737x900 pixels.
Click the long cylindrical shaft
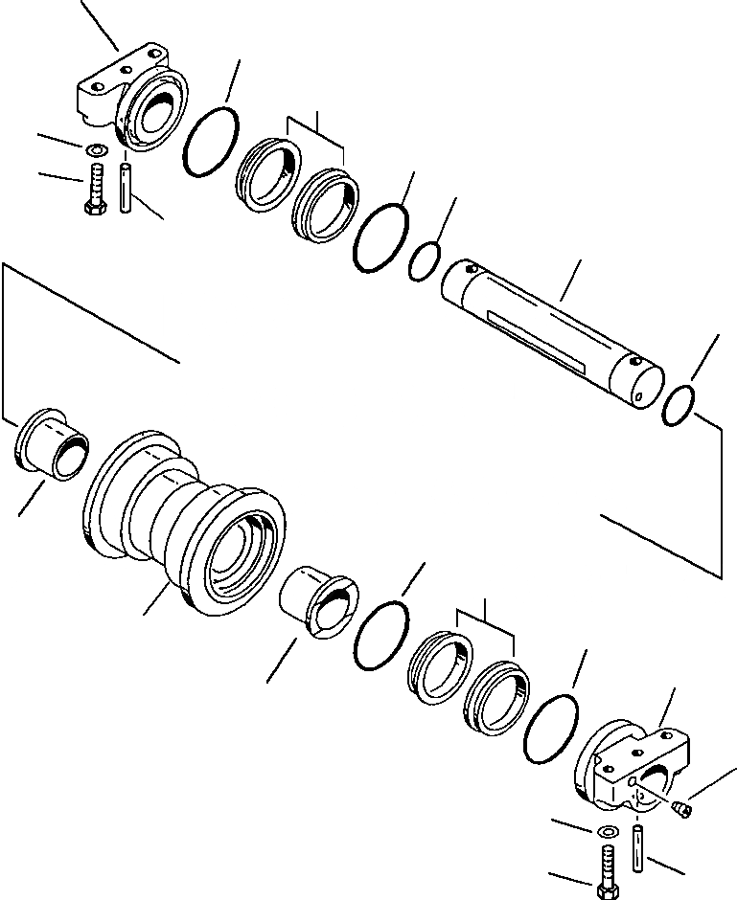pyautogui.click(x=551, y=330)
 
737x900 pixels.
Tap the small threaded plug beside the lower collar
pyautogui.click(x=682, y=808)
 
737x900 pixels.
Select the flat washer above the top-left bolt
pyautogui.click(x=96, y=150)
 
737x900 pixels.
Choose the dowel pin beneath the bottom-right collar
pyautogui.click(x=639, y=843)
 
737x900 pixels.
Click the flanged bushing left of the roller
pyautogui.click(x=53, y=444)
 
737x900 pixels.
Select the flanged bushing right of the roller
pyautogui.click(x=319, y=608)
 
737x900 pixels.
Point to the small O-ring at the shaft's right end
pyautogui.click(x=679, y=404)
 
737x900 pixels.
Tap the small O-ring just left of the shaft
pyautogui.click(x=424, y=261)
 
